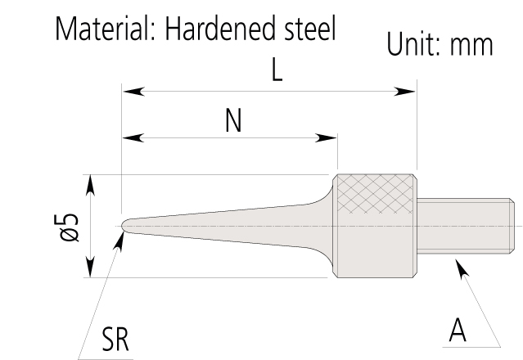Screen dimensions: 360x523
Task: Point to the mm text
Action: click(x=474, y=46)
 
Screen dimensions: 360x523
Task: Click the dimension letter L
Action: click(x=277, y=72)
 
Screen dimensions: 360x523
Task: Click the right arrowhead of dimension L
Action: click(x=408, y=91)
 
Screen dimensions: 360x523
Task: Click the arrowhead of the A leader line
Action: click(x=459, y=267)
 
